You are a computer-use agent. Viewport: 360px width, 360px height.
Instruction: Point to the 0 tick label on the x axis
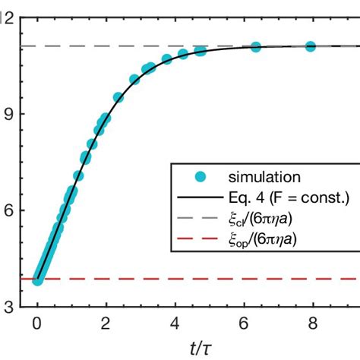point(37,324)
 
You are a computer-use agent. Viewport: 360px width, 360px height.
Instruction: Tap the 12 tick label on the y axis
point(8,18)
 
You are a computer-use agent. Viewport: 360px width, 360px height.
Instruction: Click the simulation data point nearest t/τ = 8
point(311,46)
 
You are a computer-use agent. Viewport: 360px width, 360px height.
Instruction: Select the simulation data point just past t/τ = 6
point(255,47)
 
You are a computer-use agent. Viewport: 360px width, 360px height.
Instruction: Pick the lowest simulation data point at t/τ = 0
point(38,280)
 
